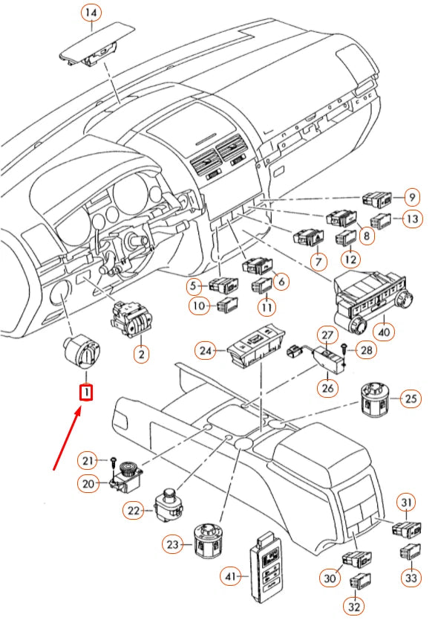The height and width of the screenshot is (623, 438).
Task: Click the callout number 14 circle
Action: [x=91, y=13]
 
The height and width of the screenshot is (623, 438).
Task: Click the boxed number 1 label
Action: [x=86, y=391]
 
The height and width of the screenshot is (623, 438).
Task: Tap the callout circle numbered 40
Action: [x=383, y=330]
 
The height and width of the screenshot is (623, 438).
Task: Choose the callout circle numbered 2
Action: [x=140, y=355]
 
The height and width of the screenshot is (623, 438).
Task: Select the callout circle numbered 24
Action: [x=206, y=349]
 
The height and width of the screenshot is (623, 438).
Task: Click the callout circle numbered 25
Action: [x=411, y=399]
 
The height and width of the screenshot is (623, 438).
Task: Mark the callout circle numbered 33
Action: [x=411, y=576]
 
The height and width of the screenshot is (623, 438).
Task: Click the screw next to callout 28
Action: [x=343, y=347]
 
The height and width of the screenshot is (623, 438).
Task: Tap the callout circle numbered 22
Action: [x=134, y=510]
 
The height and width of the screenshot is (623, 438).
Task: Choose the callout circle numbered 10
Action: [x=197, y=306]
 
